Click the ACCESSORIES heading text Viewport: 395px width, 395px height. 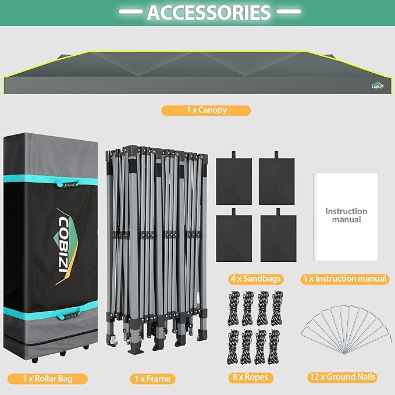coord(209,12)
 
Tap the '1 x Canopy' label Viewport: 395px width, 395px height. coord(206,111)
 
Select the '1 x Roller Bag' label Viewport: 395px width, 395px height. coord(48,379)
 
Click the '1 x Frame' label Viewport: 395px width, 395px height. coord(152,379)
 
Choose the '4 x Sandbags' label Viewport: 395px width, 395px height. coord(256,279)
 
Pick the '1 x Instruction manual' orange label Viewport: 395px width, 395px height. coord(345,279)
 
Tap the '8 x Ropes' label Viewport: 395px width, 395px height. coord(250,377)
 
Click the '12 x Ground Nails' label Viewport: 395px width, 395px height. coord(343,377)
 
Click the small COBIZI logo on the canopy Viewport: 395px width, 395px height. coord(378,86)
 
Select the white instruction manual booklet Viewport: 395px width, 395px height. coord(346,216)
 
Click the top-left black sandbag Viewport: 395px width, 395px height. coord(234,181)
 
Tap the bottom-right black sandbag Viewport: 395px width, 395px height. coord(279,237)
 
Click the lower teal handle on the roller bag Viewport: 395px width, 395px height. coord(67,314)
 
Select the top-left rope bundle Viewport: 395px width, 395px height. coord(234,308)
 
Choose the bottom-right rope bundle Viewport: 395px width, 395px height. coord(273,347)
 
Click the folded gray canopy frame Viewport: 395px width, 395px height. coord(156,248)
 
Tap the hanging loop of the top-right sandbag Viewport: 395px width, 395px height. coord(276,155)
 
